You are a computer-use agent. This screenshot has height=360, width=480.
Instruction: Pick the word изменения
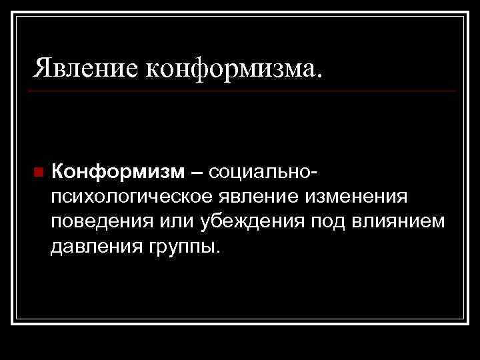tap(355, 197)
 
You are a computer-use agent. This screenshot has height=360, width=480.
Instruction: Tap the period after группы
tap(215, 252)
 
